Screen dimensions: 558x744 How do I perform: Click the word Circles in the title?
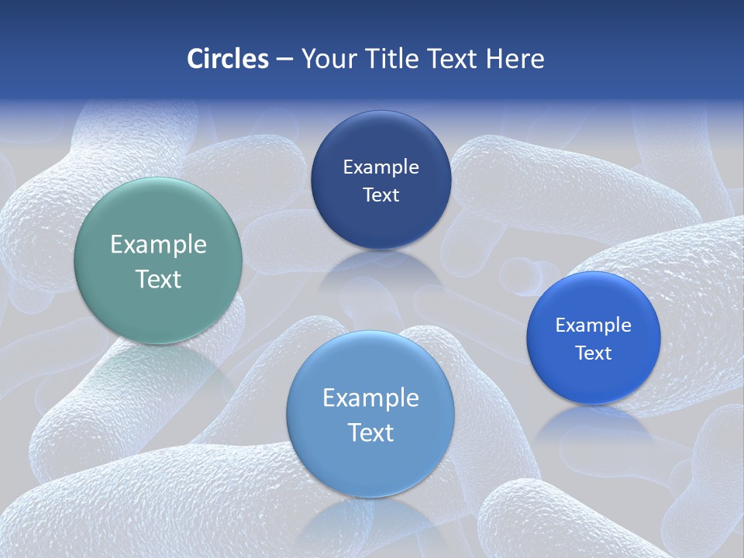point(227,59)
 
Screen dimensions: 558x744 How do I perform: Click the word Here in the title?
point(515,59)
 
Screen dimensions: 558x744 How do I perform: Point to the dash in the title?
point(284,60)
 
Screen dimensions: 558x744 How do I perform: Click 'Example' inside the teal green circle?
point(158,245)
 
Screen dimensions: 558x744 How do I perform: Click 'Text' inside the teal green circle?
point(158,279)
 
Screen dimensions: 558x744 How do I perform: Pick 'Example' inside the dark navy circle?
point(381,167)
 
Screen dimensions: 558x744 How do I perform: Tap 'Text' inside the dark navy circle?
point(381,195)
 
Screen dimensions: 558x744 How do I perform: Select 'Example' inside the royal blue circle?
point(593,325)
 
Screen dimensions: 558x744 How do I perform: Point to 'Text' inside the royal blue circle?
point(593,353)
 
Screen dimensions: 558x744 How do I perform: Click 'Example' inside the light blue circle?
point(370,398)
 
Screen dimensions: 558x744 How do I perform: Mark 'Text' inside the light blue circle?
point(370,432)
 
